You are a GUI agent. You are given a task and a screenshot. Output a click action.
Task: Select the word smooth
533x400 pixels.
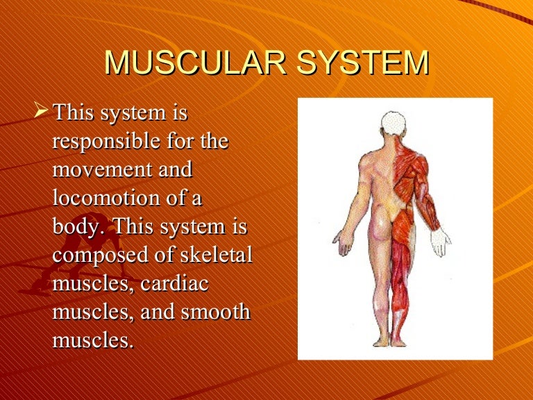pos(215,312)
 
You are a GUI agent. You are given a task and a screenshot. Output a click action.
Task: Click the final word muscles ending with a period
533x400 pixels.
pos(92,340)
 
